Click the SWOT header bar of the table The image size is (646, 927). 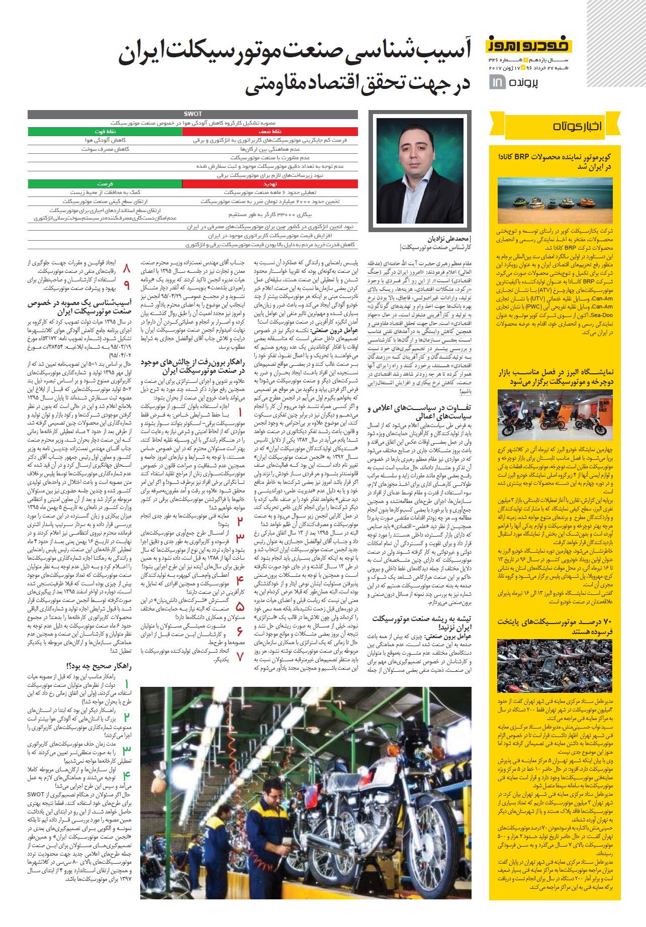pos(193,114)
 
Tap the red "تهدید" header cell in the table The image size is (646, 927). pos(270,184)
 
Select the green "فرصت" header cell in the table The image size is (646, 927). pos(105,184)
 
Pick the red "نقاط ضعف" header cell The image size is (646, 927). pos(270,132)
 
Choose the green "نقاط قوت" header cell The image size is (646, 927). pos(105,132)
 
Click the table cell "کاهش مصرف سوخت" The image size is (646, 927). pos(105,149)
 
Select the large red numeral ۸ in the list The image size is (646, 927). pos(126,267)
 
